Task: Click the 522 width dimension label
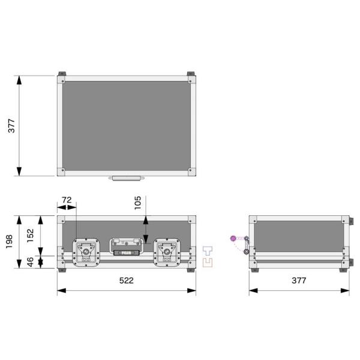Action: pos(126,280)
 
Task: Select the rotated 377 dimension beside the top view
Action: pos(11,126)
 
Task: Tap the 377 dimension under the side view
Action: pos(299,280)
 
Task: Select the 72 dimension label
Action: pos(67,199)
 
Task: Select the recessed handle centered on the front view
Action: pos(126,247)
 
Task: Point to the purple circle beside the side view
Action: pos(233,239)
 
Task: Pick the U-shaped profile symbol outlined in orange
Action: pos(208,262)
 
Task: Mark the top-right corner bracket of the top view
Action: pos(191,77)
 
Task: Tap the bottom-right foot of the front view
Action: pos(192,270)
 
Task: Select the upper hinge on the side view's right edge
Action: pos(353,221)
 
